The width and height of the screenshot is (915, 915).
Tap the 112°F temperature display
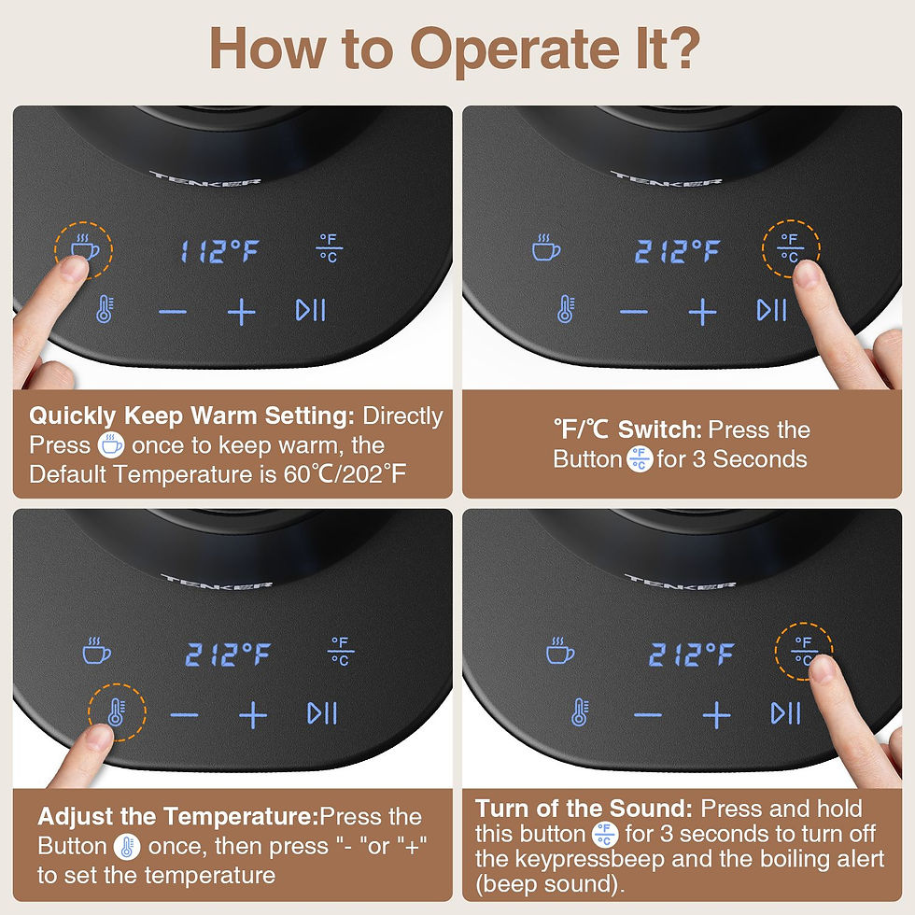pos(219,251)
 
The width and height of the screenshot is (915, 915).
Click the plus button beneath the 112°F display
pos(242,311)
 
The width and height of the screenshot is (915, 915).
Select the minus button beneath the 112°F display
pos(173,312)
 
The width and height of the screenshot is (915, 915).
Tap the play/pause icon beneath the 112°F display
pos(310,310)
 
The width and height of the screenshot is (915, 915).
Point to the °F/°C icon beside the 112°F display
pos(329,248)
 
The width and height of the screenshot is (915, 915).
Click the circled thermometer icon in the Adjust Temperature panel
pos(116,711)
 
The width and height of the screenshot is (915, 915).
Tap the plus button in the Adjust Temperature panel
pos(253,714)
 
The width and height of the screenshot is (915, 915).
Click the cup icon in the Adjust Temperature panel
pos(97,651)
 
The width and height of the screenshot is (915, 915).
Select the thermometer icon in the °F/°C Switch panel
pos(566,309)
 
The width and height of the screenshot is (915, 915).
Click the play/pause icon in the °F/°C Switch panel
pos(771,310)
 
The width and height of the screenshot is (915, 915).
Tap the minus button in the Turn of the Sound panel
pos(648,715)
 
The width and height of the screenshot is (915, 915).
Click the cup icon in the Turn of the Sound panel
pos(560,651)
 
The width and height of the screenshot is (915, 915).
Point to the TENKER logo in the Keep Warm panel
pos(205,178)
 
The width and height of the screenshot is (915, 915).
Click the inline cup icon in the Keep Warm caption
pos(111,445)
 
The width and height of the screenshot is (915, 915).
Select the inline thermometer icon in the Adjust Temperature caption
pos(127,847)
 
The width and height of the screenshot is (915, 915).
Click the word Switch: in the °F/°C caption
pos(659,429)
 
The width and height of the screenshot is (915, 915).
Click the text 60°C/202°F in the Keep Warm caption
pos(345,474)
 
